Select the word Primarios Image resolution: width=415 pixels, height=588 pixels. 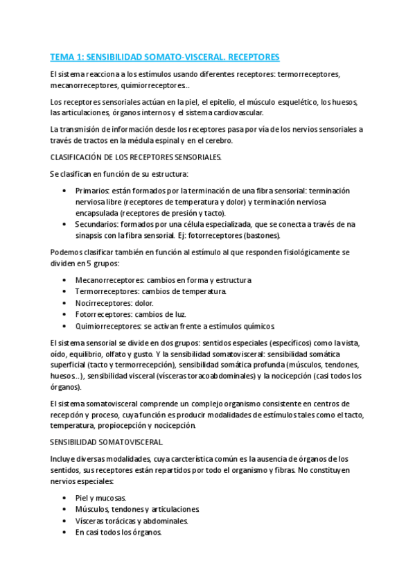(93, 191)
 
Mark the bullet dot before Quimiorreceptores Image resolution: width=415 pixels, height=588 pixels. (64, 326)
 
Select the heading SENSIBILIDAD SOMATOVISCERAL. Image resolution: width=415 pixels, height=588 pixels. (107, 442)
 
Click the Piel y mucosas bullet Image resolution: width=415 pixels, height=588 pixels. (100, 498)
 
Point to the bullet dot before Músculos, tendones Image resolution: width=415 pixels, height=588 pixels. (64, 510)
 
